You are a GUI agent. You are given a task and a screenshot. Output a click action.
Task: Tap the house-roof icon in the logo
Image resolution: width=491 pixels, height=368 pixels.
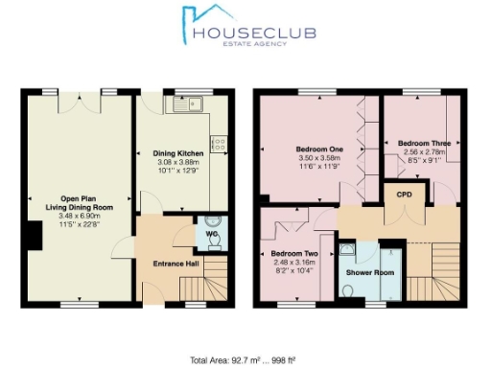tap(196, 22)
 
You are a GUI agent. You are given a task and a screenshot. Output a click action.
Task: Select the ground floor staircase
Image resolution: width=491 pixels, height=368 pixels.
tap(210, 287)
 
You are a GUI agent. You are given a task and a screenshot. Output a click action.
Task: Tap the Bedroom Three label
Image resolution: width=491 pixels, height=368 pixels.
tap(425, 143)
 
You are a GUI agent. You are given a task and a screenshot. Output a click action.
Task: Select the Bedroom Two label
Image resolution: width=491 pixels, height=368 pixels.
tap(284, 253)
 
